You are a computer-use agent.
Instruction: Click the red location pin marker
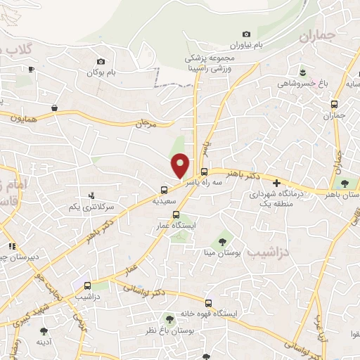[181, 165]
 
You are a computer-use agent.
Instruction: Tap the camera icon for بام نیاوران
[246, 34]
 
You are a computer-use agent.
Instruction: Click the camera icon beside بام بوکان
[101, 61]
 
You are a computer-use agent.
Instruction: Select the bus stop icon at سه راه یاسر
[204, 172]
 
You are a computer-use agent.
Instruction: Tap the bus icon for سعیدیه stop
[164, 189]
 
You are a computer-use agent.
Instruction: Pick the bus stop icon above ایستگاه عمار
[176, 215]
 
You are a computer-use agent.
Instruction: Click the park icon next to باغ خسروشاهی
[302, 72]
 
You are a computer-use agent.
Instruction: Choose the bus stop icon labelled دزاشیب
[87, 286]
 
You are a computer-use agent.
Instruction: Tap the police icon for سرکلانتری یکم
[91, 195]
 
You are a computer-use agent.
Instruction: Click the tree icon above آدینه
[44, 330]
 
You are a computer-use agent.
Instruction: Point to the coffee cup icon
[31, 69]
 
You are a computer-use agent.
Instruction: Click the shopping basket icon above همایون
[54, 108]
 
